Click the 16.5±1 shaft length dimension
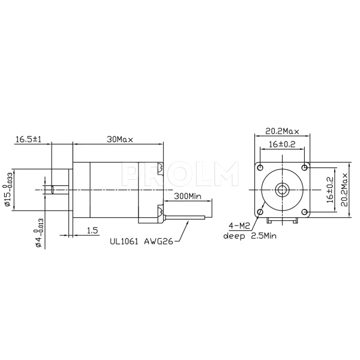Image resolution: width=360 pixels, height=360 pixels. point(28,139)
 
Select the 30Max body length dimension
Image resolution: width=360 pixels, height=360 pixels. point(119,139)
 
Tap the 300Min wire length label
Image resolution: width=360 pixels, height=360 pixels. point(187,196)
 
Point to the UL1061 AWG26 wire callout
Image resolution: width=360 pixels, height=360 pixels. point(141,242)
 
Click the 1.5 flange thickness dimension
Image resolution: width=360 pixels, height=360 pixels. point(92,230)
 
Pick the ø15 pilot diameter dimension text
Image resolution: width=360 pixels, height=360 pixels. point(8,189)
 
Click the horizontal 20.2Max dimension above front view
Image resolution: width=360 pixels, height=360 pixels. point(282,130)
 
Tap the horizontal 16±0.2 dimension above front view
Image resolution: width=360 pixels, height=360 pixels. point(282,144)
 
